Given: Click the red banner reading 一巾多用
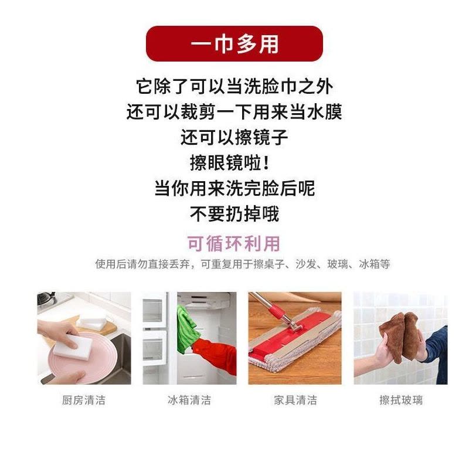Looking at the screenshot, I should [235, 43].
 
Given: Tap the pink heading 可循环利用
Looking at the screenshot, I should [235, 243].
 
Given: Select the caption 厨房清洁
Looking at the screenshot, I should [84, 400].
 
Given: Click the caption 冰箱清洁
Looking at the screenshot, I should [189, 400].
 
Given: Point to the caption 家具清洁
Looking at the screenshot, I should [295, 400].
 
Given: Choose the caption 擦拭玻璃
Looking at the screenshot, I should [400, 400].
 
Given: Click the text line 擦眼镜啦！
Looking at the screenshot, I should [235, 163].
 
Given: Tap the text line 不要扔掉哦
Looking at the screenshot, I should [235, 213].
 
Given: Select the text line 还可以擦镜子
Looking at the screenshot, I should [235, 138].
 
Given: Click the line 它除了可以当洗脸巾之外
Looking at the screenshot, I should [235, 87].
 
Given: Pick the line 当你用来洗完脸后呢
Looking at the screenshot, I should [235, 188].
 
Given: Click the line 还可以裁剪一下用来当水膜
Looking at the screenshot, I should [235, 112].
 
